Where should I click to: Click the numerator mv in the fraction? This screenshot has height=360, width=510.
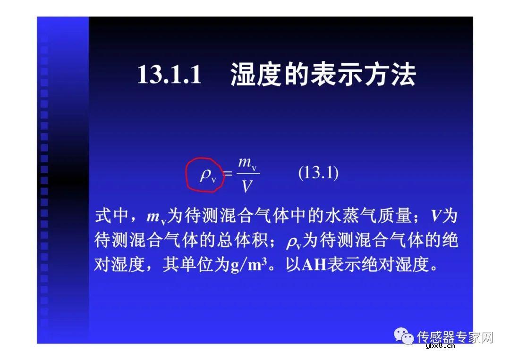tap(247, 163)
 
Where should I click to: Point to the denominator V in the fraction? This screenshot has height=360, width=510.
tap(247, 187)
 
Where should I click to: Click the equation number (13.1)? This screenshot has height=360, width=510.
tap(318, 173)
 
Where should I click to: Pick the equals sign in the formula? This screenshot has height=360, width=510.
tap(228, 174)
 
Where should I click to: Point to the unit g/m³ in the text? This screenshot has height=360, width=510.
tap(252, 265)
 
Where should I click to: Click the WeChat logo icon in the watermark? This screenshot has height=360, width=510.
tap(404, 336)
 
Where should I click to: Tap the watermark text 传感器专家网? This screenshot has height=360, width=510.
tap(455, 337)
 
